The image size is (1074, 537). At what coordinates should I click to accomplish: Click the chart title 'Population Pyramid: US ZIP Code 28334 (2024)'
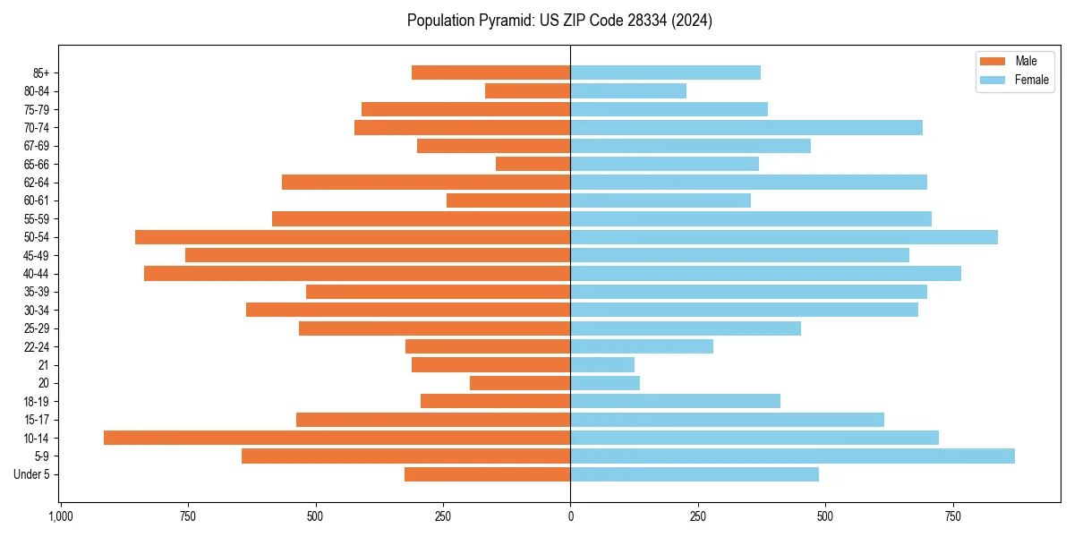click(x=559, y=21)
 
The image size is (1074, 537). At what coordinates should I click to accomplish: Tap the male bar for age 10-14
click(x=337, y=438)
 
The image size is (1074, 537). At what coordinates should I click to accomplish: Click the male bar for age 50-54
click(x=353, y=237)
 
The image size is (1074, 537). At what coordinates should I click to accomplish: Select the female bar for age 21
click(x=602, y=364)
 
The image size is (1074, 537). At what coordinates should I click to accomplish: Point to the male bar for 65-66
click(x=533, y=164)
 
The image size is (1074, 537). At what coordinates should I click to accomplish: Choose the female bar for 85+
click(x=665, y=72)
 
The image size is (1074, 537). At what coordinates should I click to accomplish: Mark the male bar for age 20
click(x=520, y=383)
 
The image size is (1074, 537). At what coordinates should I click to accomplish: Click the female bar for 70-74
click(x=746, y=127)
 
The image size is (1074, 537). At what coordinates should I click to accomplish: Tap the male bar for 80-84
click(x=527, y=90)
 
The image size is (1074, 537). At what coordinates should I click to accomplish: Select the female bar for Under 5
click(x=695, y=474)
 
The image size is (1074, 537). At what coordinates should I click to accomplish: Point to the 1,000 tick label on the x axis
click(x=60, y=516)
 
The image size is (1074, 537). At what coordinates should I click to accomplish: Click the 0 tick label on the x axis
click(x=570, y=516)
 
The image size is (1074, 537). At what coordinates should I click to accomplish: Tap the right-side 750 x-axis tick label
click(x=953, y=516)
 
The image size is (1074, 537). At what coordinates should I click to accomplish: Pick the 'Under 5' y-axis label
click(x=31, y=474)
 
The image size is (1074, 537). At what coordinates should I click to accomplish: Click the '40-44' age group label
click(x=37, y=274)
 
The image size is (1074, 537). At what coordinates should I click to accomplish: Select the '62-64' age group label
click(x=37, y=183)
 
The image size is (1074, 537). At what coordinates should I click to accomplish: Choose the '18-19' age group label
click(x=37, y=401)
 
